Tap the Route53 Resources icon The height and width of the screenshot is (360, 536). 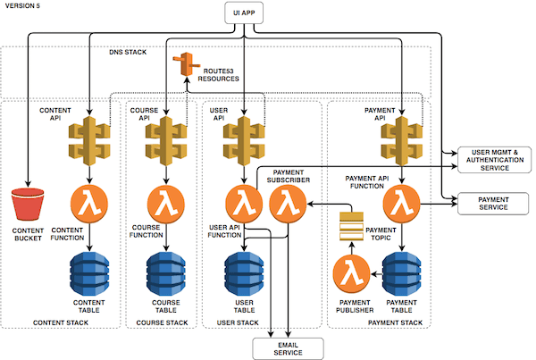click(188, 64)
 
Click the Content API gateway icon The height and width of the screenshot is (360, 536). click(89, 138)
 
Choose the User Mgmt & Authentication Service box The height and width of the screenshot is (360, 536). click(494, 161)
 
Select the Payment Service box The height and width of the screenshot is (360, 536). click(494, 202)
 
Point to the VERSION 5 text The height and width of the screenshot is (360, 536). click(23, 6)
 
